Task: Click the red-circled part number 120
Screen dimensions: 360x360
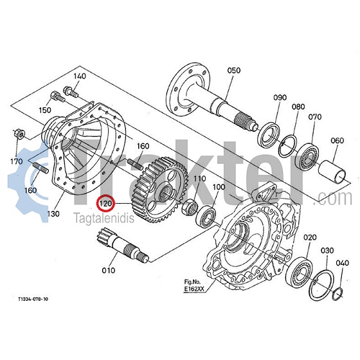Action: click(105, 203)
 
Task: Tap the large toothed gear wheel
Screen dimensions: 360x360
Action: click(160, 190)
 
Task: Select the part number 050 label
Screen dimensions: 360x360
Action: click(234, 70)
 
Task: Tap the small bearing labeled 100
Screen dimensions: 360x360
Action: click(206, 215)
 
